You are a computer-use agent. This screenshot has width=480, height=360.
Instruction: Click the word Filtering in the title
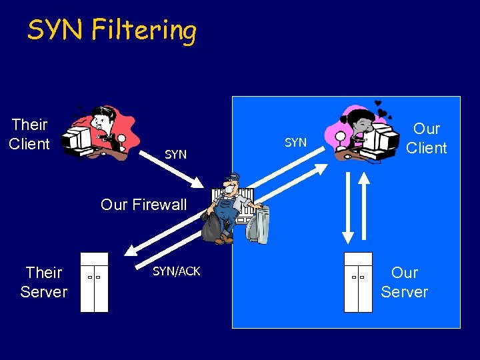pyautogui.click(x=144, y=31)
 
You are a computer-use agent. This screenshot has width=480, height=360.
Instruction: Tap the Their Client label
pyautogui.click(x=29, y=134)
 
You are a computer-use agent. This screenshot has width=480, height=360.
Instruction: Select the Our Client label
pyautogui.click(x=426, y=138)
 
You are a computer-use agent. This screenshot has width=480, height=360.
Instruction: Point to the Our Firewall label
pyautogui.click(x=143, y=205)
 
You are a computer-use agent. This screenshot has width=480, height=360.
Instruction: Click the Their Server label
pyautogui.click(x=43, y=282)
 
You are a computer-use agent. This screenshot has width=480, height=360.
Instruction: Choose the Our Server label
pyautogui.click(x=404, y=282)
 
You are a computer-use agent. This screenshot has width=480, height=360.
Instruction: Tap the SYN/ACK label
pyautogui.click(x=176, y=271)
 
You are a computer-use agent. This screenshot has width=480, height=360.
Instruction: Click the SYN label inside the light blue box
pyautogui.click(x=295, y=142)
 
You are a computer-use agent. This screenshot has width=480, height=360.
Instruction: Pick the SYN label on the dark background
pyautogui.click(x=175, y=155)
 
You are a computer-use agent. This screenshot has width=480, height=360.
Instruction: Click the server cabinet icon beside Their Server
pyautogui.click(x=94, y=283)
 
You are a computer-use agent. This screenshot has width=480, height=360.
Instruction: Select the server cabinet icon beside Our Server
pyautogui.click(x=358, y=283)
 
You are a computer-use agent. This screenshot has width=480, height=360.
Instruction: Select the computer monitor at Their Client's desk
pyautogui.click(x=79, y=137)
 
